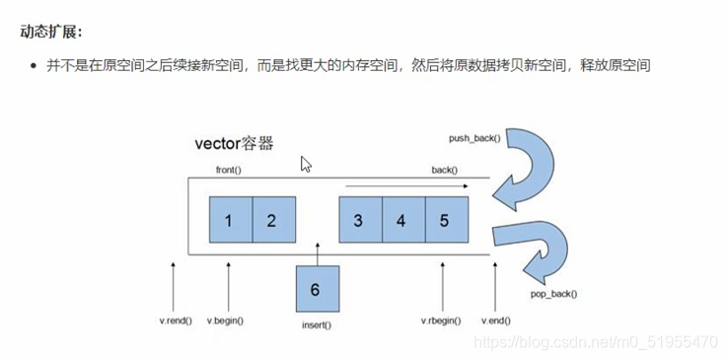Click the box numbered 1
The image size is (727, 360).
230,220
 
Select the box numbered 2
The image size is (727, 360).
273,220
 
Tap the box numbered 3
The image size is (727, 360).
360,220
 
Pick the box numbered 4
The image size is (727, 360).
402,220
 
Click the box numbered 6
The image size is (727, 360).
317,289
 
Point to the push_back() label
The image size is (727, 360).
475,137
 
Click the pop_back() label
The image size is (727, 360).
553,293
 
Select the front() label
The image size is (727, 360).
229,170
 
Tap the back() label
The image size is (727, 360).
444,170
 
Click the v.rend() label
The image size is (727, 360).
176,321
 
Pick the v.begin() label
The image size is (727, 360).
226,321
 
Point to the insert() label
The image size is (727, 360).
316,324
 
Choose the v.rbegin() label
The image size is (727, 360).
441,321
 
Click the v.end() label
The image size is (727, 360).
495,321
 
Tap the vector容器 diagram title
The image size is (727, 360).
234,143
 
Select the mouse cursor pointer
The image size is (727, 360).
306,164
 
